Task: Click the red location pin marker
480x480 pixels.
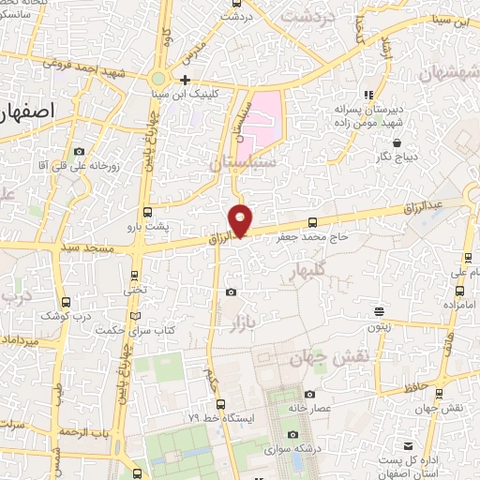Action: pos(241,219)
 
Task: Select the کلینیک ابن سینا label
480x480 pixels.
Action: pos(192,95)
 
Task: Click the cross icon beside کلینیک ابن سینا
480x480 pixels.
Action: pos(186,80)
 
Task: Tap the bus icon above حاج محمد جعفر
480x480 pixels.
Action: pos(312,222)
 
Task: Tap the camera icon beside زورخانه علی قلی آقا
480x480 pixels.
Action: pos(79,151)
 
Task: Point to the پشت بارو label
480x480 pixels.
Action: pos(149,227)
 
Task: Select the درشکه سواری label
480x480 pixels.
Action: pos(294,449)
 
